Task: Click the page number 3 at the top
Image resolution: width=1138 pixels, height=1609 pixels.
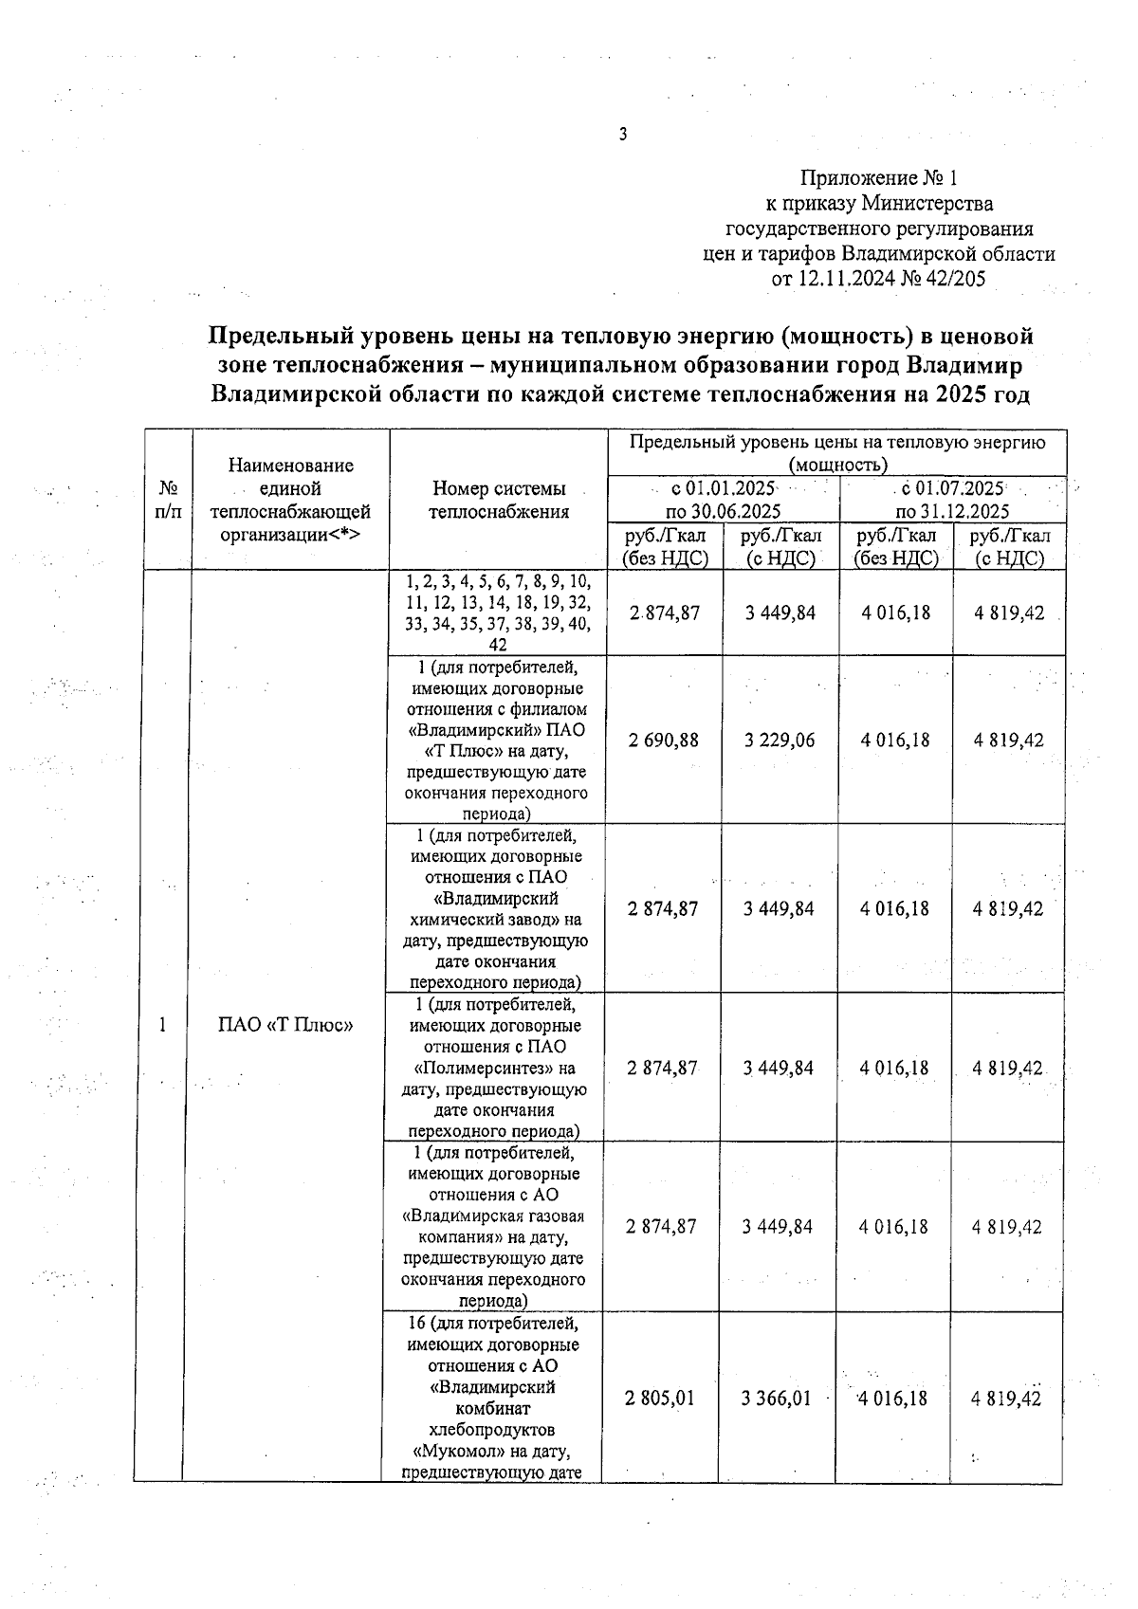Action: point(623,135)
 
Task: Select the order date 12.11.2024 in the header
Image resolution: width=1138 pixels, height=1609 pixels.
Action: point(842,279)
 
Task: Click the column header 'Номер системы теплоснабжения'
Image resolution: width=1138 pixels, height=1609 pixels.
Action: point(498,500)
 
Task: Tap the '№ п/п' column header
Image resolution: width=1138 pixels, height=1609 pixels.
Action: point(168,500)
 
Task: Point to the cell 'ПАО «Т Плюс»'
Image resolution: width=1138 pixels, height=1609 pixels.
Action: point(285,1024)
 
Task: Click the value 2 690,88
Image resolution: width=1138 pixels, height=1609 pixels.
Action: point(663,740)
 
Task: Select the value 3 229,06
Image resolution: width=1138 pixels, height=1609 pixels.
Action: point(779,740)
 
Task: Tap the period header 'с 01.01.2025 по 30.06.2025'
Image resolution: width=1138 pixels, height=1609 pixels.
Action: point(723,500)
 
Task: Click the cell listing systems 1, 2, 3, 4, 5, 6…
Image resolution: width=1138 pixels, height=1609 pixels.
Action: point(497,613)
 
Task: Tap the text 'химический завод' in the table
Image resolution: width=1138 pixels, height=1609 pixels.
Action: point(486,919)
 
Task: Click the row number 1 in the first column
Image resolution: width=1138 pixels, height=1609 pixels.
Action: point(163,1024)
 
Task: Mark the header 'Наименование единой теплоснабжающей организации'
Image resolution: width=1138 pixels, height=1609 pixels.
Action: point(290,500)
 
